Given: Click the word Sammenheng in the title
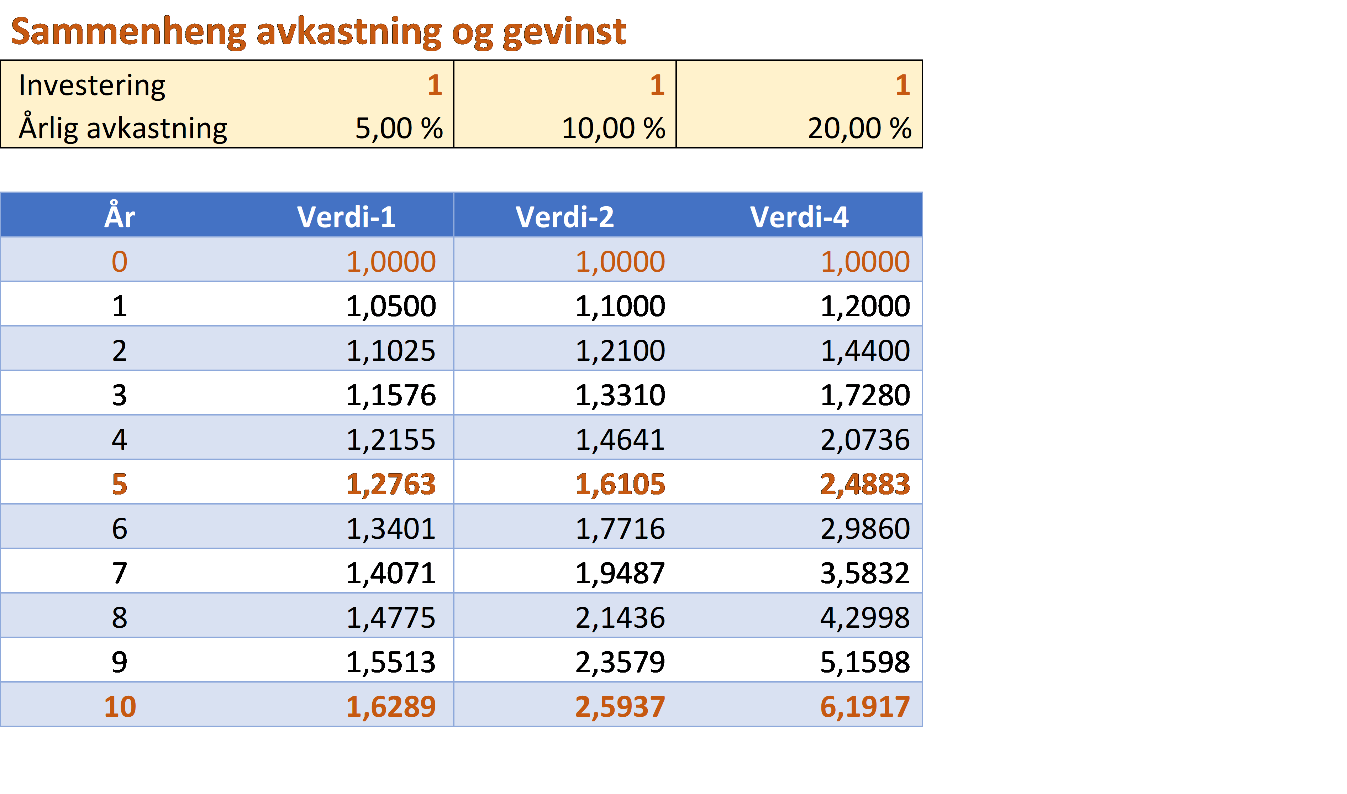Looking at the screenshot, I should [128, 32].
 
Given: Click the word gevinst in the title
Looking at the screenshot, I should [564, 32].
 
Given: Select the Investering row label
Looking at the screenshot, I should [92, 85].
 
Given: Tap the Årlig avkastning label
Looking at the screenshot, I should [123, 129].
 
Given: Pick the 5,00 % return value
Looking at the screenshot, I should [399, 129].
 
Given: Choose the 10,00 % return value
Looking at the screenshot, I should [613, 129].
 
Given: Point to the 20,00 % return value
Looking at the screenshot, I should [859, 129].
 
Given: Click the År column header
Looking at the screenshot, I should [120, 217].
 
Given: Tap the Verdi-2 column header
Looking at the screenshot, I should [565, 217].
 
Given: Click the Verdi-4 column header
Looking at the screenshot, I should [799, 217].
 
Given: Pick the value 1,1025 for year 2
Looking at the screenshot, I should [391, 351].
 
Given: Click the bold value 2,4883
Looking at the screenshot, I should [865, 484].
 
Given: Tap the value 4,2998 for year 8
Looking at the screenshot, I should [865, 617].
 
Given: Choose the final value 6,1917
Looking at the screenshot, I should [865, 707].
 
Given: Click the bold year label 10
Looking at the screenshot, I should [120, 707].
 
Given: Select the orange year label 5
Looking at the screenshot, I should [120, 484].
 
